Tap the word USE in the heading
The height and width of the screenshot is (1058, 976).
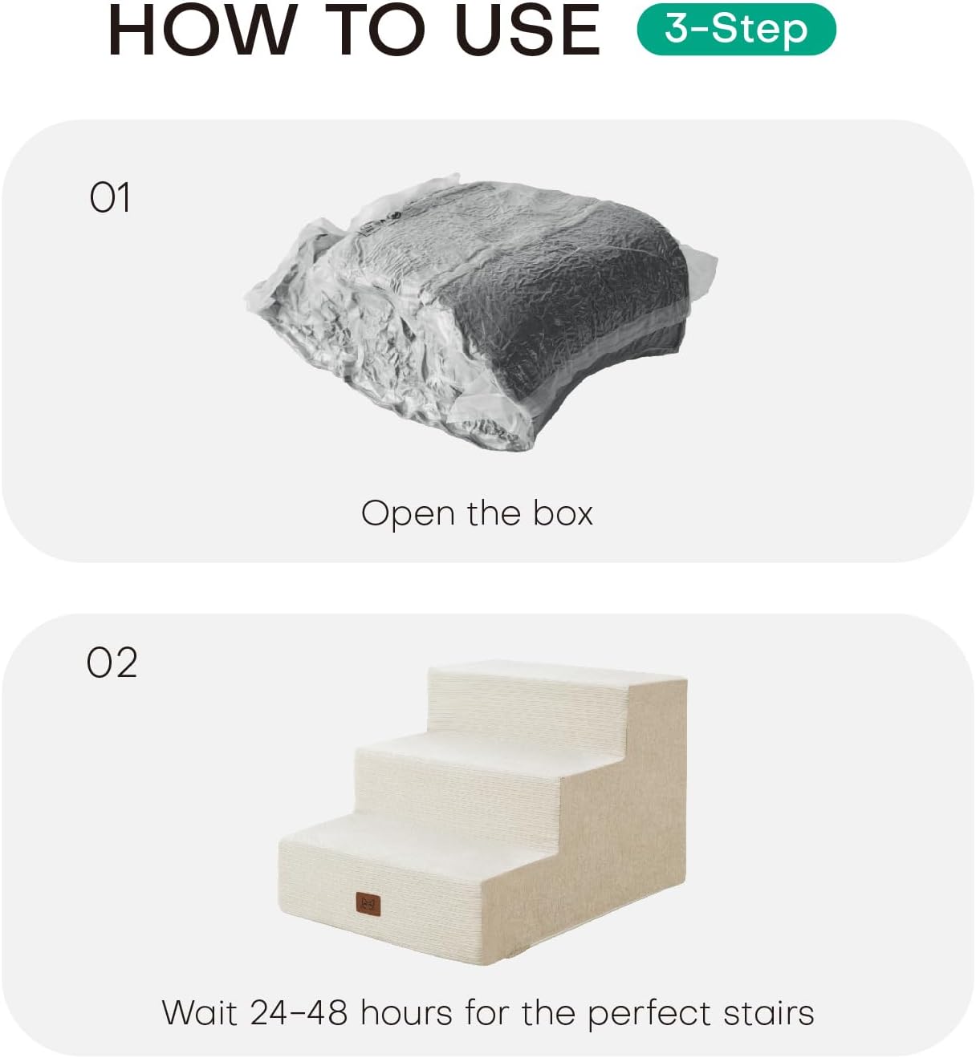528,30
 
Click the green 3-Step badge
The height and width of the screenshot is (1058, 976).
737,29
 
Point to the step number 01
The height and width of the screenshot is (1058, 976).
109,197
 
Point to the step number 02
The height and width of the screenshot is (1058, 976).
112,663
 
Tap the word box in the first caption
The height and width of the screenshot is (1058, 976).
563,513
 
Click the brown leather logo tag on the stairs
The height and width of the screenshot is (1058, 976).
368,904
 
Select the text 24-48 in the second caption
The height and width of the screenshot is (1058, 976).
299,1011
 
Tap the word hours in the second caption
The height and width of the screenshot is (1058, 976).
406,1011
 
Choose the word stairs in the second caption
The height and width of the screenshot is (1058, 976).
769,1011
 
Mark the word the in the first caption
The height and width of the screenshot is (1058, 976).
494,513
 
